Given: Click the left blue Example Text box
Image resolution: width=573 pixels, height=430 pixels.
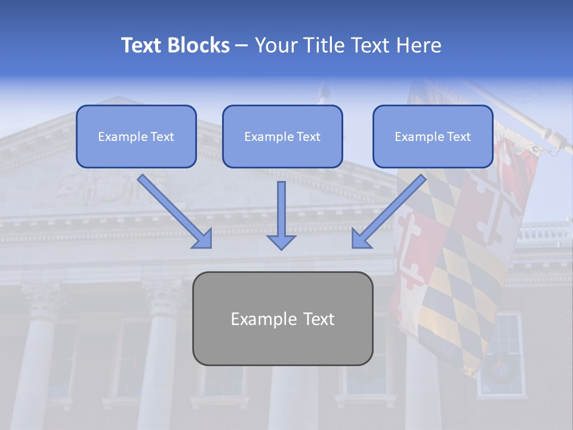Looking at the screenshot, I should pyautogui.click(x=136, y=136).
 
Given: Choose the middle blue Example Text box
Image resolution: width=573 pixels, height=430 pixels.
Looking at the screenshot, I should pyautogui.click(x=282, y=136).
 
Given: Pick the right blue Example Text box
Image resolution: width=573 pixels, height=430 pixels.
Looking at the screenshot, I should pyautogui.click(x=433, y=136).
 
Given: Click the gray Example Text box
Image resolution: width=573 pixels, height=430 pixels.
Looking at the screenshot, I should pyautogui.click(x=282, y=318).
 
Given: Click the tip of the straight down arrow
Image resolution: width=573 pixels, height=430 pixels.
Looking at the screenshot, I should pyautogui.click(x=281, y=248).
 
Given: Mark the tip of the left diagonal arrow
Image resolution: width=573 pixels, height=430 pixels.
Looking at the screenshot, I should pyautogui.click(x=210, y=247).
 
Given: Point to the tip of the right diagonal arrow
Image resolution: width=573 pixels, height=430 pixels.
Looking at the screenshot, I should pyautogui.click(x=353, y=247).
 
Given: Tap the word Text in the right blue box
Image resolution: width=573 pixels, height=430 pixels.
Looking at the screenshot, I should pyautogui.click(x=458, y=137).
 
